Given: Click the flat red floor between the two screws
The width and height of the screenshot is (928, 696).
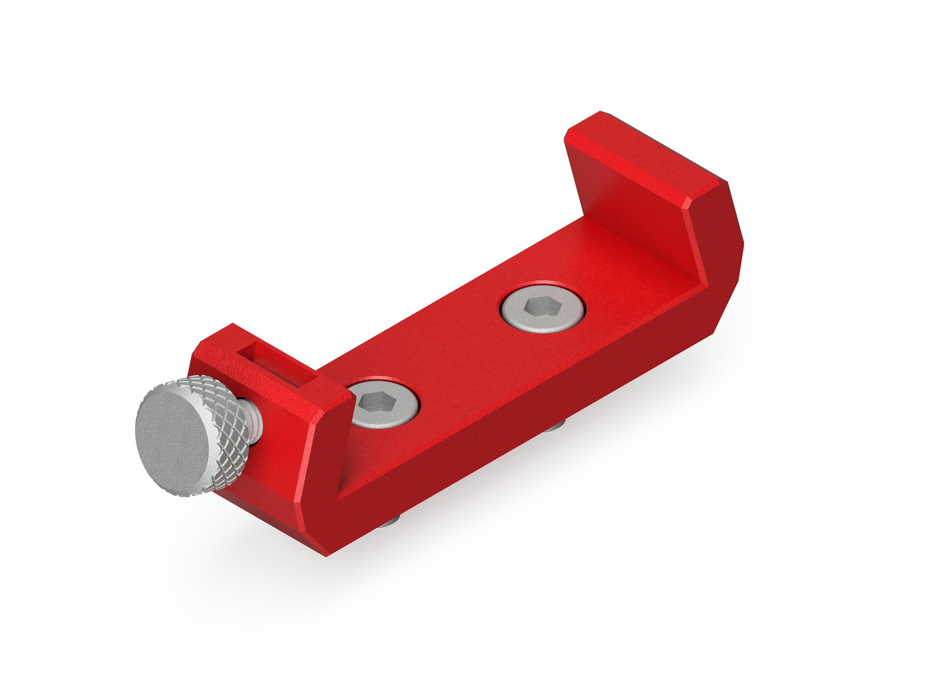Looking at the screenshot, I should pos(462,357).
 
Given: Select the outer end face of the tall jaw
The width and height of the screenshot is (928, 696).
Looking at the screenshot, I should pos(713,235).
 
